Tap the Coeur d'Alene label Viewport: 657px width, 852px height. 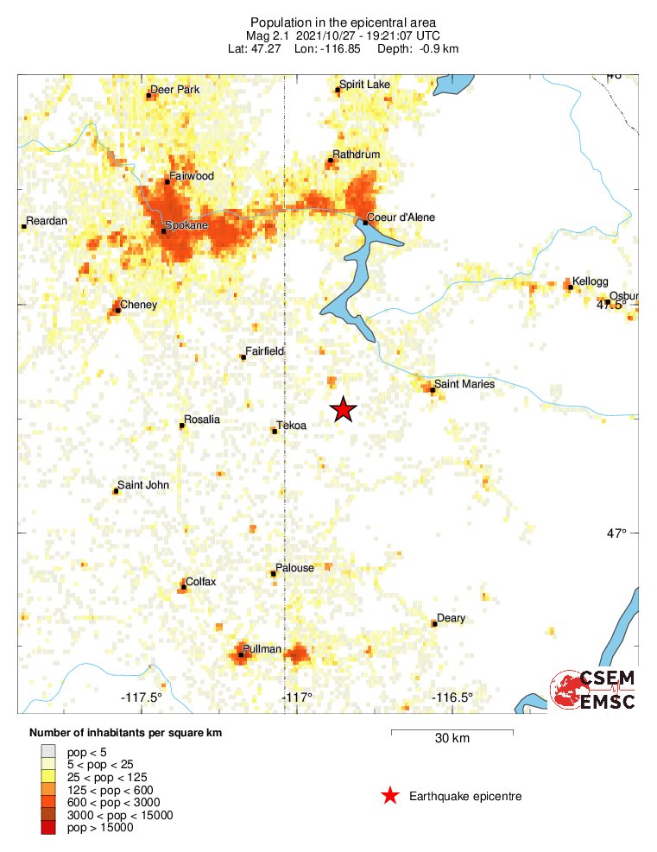[401, 217]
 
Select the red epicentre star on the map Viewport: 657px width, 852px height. [344, 409]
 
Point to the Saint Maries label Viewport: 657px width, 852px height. [464, 383]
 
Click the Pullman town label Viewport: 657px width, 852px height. [262, 648]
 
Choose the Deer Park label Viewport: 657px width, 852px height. [175, 89]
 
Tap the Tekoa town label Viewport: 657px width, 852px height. [292, 426]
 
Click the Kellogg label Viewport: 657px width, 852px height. [591, 281]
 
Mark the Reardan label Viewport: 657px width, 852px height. [47, 221]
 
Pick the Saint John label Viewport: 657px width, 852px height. [143, 485]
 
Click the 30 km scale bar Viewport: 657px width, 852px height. [452, 732]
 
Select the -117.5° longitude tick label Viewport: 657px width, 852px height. [142, 697]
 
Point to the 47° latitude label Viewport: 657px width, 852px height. [616, 533]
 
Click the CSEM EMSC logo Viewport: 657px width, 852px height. [593, 690]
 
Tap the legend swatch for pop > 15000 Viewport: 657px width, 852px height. [48, 828]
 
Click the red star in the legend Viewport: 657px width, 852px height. [390, 796]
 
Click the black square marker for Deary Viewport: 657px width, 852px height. [434, 622]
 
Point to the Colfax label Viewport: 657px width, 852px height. [201, 581]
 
